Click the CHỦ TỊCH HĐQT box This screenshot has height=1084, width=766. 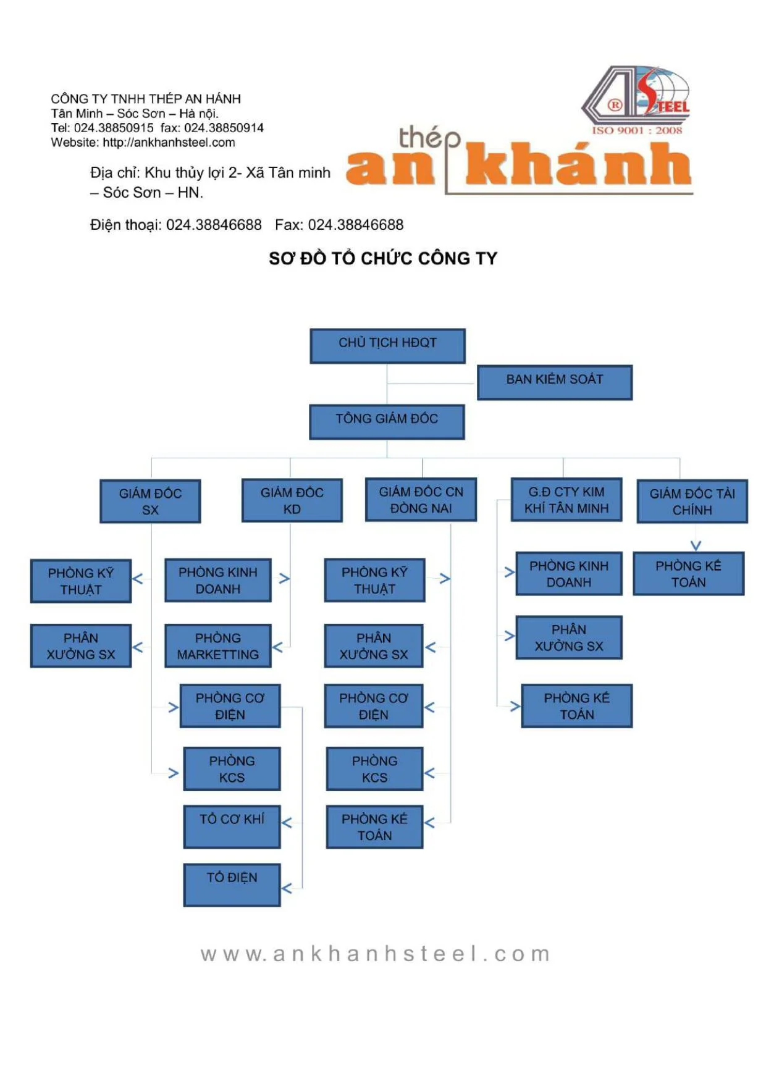pyautogui.click(x=387, y=345)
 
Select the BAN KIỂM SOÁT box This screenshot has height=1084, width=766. pyautogui.click(x=554, y=382)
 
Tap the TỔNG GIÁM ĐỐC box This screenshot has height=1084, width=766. pyautogui.click(x=387, y=421)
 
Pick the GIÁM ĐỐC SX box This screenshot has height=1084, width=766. pyautogui.click(x=150, y=501)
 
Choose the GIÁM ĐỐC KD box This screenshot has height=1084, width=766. pyautogui.click(x=292, y=500)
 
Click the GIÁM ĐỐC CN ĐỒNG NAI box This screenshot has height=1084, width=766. pyautogui.click(x=421, y=499)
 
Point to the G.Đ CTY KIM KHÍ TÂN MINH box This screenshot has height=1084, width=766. pyautogui.click(x=566, y=499)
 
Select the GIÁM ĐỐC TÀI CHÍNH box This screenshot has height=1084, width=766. pyautogui.click(x=692, y=501)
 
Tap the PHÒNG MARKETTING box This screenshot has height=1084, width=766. pyautogui.click(x=217, y=645)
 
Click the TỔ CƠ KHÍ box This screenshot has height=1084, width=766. pyautogui.click(x=232, y=826)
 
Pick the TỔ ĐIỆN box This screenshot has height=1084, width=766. pyautogui.click(x=232, y=884)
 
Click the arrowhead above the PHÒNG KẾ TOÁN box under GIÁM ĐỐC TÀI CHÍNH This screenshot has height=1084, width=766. pyautogui.click(x=696, y=545)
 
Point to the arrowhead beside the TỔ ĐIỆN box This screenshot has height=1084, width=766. pyautogui.click(x=287, y=888)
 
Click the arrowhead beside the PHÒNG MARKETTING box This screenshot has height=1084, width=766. pyautogui.click(x=278, y=647)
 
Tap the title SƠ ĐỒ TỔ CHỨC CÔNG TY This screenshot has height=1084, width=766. pyautogui.click(x=383, y=258)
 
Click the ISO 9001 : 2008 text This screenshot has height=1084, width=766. pyautogui.click(x=637, y=130)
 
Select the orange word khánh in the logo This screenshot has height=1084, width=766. pyautogui.click(x=577, y=164)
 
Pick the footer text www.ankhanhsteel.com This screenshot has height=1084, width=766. pyautogui.click(x=375, y=953)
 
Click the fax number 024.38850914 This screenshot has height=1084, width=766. pyautogui.click(x=224, y=128)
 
